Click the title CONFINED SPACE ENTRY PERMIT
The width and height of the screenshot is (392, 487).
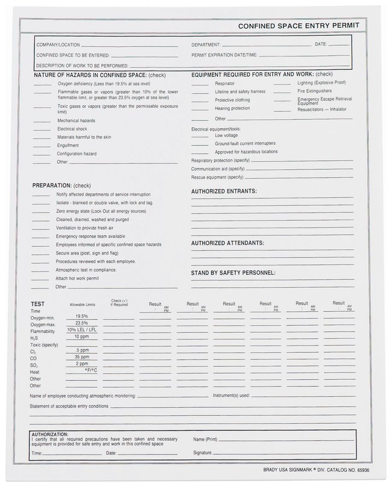coord(299,26)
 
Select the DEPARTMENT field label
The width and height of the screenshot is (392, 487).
coord(206,45)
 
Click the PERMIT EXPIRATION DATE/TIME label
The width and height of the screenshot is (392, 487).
coord(224,55)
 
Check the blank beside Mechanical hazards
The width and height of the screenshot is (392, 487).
coord(42,120)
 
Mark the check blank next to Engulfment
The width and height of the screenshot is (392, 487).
coord(42,145)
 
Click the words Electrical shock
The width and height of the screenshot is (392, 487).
coord(72,129)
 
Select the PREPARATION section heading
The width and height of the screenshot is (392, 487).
coord(61,185)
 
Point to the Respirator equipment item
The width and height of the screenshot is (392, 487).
coord(225,83)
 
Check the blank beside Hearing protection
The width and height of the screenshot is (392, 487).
coord(200,108)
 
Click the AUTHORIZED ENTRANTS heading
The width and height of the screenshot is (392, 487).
coord(224,191)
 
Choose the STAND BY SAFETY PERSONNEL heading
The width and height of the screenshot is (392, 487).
coord(233,273)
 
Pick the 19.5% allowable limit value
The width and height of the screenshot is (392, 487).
coord(81,316)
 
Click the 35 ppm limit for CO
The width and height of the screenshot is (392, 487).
coord(81,356)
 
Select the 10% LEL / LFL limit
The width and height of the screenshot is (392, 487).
coord(81,330)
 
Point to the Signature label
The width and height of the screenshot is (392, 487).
coord(203,452)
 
